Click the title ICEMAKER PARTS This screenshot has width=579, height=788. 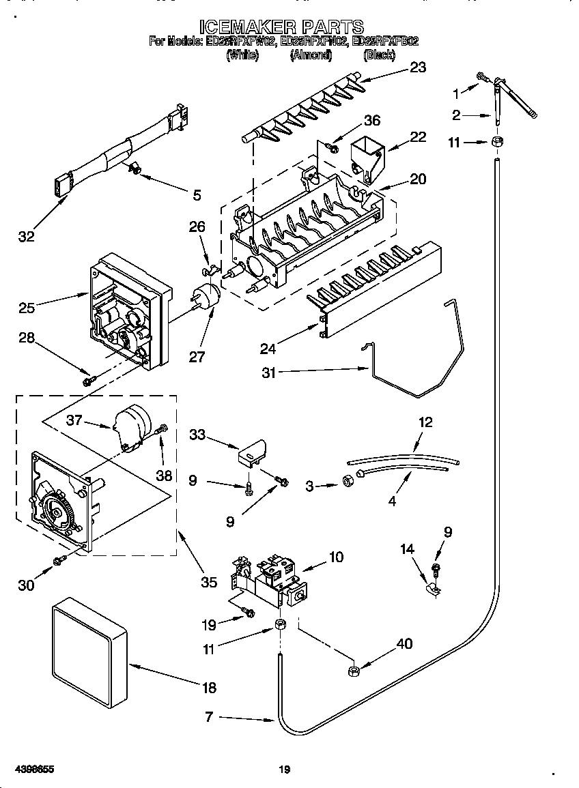[x=281, y=27]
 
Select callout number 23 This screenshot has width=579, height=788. [x=416, y=67]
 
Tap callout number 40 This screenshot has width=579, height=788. [x=404, y=643]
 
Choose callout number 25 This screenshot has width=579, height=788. [x=27, y=308]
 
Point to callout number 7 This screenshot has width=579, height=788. [x=210, y=717]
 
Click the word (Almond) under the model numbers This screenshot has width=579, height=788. [x=311, y=55]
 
